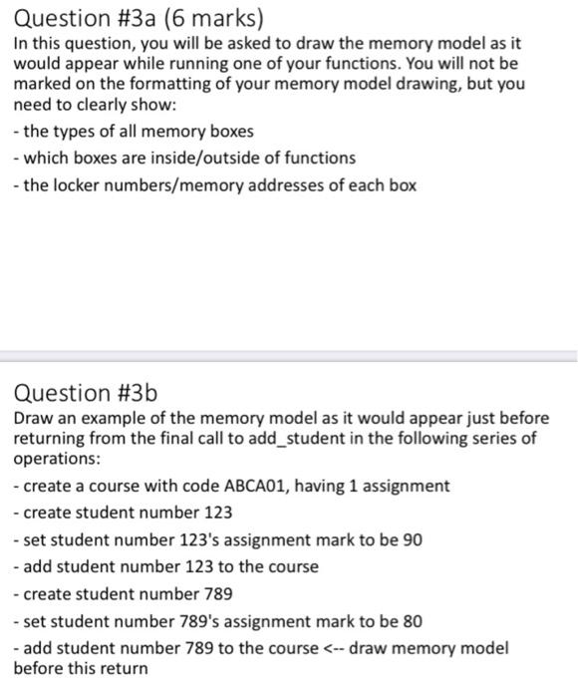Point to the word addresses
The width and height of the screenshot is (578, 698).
pyautogui.click(x=310, y=184)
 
